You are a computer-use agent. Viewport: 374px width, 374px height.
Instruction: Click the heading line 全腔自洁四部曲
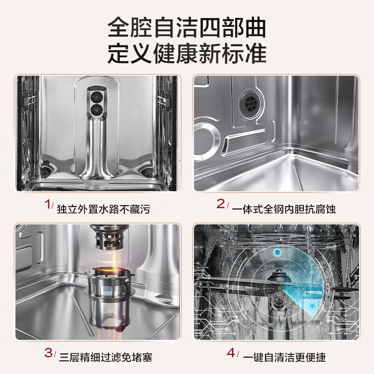click(187, 28)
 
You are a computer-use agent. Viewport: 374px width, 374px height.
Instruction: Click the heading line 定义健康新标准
click(187, 54)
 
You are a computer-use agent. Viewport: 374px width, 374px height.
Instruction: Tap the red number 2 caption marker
click(221, 205)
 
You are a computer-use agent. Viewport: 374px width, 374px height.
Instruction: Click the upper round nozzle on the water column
click(97, 94)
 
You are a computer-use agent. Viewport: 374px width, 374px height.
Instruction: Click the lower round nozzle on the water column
click(97, 110)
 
